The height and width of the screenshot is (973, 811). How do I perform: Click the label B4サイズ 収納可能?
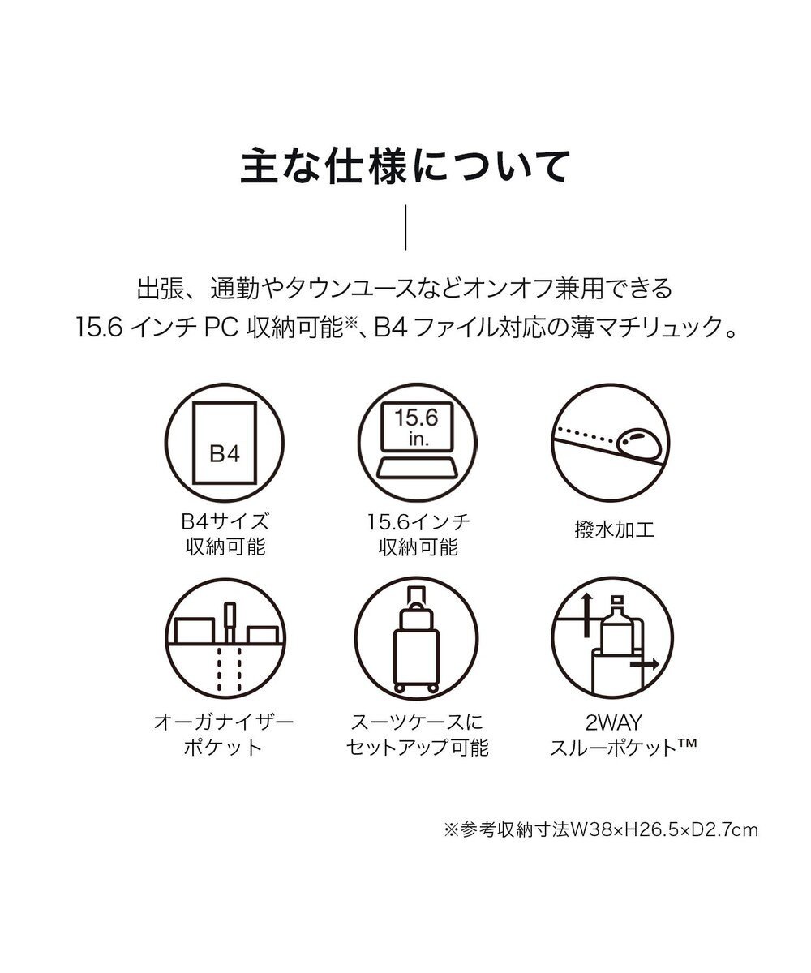(x=225, y=534)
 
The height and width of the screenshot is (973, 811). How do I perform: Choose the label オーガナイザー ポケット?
(x=223, y=734)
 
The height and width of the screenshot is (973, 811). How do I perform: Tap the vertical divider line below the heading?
(x=405, y=229)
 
